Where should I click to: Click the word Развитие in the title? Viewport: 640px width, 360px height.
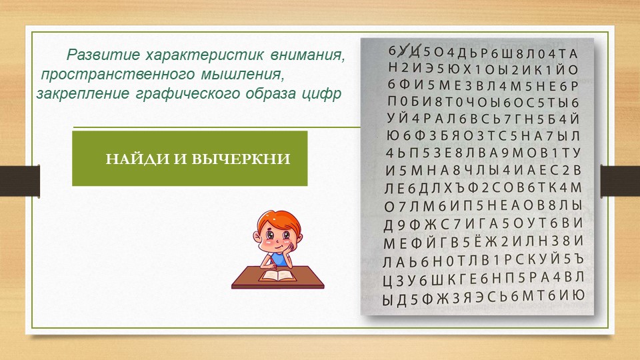pos(103,54)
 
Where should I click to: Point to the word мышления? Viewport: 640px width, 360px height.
pos(241,74)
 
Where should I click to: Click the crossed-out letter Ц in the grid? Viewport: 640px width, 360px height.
pos(415,52)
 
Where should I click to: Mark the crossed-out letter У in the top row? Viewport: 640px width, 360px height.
pos(404,51)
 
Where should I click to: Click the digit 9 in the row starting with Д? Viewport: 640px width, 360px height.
pos(401,224)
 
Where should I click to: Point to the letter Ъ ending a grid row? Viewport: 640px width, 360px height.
pos(579,259)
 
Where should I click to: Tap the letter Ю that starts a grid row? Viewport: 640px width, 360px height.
pos(393,136)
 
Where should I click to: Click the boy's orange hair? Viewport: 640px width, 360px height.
pos(279,221)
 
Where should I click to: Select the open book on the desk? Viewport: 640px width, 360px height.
pos(278,275)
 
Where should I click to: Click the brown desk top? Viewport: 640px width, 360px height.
pos(277,277)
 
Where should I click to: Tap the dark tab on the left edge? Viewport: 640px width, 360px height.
pos(19,181)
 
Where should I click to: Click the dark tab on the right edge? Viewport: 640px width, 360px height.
pos(620,181)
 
